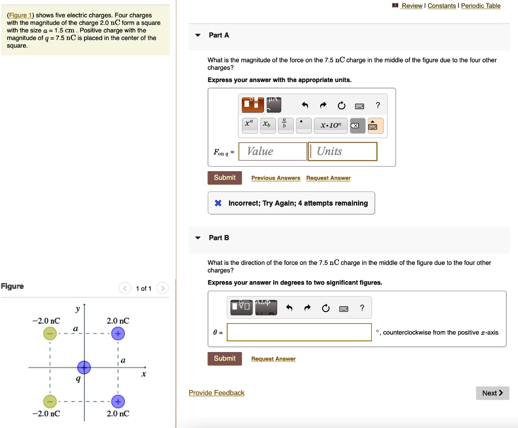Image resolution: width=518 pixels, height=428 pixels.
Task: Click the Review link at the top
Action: tap(412, 6)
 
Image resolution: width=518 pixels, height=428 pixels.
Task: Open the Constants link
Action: tap(442, 6)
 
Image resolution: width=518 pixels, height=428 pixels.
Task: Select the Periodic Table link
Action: tap(481, 6)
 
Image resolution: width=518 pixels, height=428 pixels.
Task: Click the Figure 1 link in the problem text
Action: tap(19, 15)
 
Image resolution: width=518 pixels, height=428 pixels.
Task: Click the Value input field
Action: tap(273, 151)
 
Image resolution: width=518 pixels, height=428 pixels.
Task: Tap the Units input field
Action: tap(343, 151)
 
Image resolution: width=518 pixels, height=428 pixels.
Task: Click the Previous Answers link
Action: tap(276, 178)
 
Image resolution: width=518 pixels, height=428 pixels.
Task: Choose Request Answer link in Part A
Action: tap(328, 178)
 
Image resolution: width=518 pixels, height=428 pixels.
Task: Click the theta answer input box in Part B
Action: tap(299, 332)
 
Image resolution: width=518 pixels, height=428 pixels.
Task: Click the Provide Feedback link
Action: tap(217, 393)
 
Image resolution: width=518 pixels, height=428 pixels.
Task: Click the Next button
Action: tap(492, 393)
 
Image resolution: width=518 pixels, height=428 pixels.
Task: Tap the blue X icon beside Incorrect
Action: tap(218, 203)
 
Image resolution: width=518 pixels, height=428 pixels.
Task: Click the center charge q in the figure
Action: tap(84, 367)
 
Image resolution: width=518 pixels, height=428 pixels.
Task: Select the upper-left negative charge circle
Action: tap(50, 334)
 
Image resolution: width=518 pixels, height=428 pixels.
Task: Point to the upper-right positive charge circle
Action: tap(117, 334)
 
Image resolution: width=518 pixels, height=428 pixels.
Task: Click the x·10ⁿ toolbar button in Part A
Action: tap(331, 125)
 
